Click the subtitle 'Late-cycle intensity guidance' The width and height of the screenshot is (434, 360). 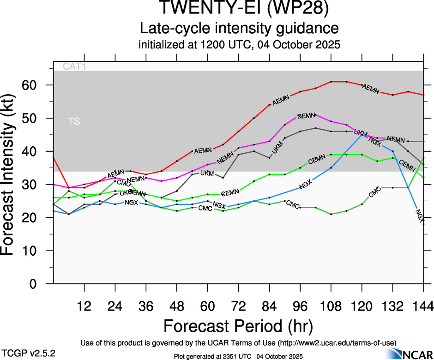(x=239, y=29)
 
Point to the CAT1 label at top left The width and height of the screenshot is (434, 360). (x=74, y=67)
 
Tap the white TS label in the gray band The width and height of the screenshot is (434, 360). (x=74, y=121)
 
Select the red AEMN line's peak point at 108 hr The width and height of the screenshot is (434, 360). (x=331, y=82)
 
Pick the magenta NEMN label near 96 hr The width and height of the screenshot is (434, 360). (x=306, y=115)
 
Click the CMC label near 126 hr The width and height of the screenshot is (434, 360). (x=375, y=191)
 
